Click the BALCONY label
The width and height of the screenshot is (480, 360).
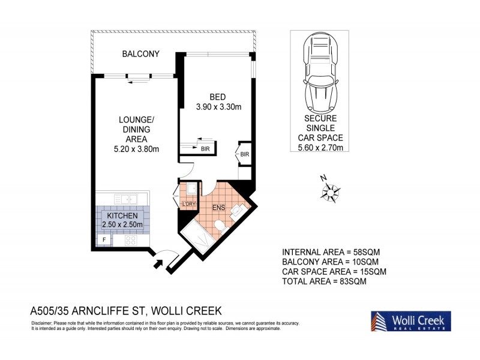tap(140, 54)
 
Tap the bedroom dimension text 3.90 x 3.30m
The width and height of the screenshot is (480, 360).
tap(218, 107)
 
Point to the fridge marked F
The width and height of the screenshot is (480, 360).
tap(104, 240)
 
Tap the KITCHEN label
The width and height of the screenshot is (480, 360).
tap(122, 215)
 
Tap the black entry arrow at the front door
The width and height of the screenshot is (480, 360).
tap(159, 262)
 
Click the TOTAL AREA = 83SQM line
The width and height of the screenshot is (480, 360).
tap(324, 280)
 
